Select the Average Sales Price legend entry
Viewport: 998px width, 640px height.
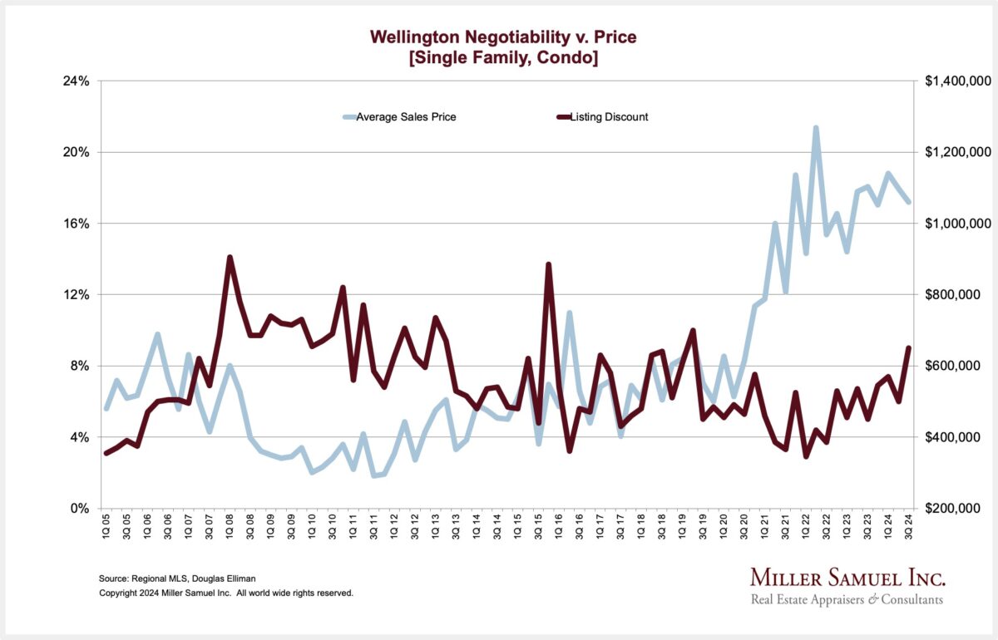[406, 117]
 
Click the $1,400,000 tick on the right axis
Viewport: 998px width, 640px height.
[956, 81]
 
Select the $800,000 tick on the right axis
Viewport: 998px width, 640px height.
[960, 295]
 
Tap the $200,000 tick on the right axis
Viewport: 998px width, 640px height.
[960, 508]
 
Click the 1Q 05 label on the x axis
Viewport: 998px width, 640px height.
[106, 529]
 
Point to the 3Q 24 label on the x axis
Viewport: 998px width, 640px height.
[908, 529]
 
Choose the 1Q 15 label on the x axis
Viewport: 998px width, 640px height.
[517, 529]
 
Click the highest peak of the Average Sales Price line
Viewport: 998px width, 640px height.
[816, 128]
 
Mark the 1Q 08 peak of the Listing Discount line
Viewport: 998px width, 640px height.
[230, 258]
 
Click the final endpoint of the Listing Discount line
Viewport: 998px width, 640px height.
[908, 348]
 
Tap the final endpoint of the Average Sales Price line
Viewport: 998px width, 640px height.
[908, 202]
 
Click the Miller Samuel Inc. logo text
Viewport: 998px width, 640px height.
[847, 578]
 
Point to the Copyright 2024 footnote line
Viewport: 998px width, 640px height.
[226, 593]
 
